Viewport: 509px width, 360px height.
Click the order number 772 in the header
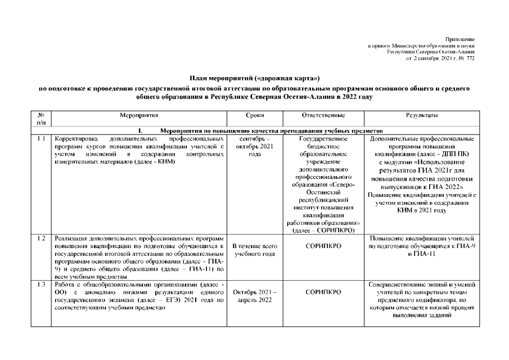pos(470,58)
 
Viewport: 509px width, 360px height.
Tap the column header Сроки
pos(255,115)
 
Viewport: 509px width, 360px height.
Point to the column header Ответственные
pos(323,115)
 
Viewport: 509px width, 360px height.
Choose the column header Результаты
pos(422,115)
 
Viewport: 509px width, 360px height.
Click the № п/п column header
pos(41,119)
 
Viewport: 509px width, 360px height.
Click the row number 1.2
pos(41,239)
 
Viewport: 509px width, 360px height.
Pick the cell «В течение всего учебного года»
pos(254,250)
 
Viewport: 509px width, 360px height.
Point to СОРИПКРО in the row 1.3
pos(323,292)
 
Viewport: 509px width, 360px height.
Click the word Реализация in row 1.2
pos(71,239)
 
